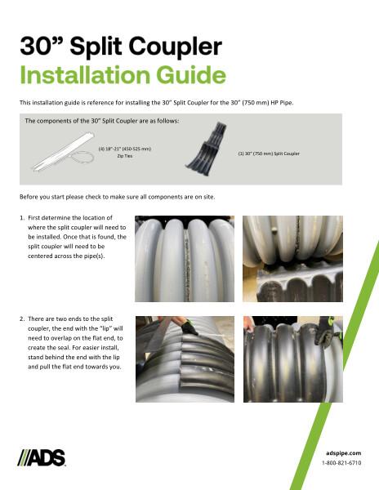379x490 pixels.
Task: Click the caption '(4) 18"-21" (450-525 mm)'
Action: pos(126,149)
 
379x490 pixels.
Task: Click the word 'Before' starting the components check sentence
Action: pos(29,198)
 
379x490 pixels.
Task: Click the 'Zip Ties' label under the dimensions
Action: pos(126,158)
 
